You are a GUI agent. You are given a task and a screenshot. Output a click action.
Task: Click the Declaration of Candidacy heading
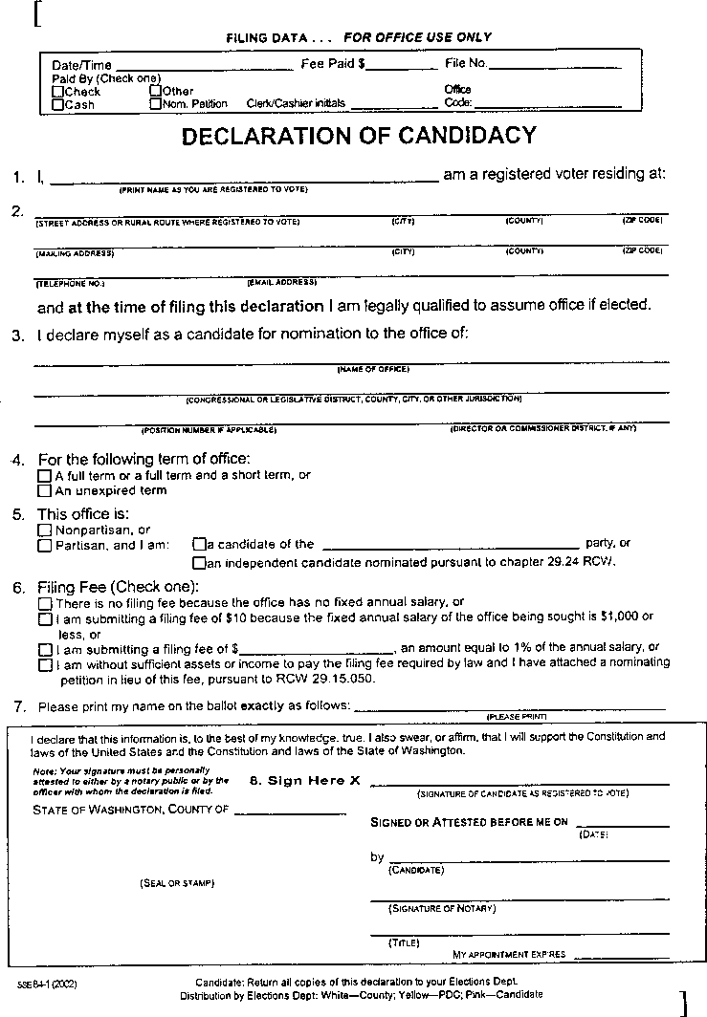[x=359, y=136]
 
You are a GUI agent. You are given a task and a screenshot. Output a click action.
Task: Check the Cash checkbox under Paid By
[x=58, y=104]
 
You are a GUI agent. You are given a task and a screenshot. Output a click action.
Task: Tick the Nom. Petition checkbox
[x=155, y=103]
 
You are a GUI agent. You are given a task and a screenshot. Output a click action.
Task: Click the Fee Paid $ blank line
[x=402, y=68]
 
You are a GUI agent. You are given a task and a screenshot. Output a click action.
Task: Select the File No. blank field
[x=555, y=68]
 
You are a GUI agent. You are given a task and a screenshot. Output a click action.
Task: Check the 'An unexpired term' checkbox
[x=44, y=490]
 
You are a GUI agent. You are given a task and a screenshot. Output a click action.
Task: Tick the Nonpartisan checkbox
[x=44, y=530]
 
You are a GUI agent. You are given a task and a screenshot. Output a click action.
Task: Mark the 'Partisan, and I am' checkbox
[x=44, y=546]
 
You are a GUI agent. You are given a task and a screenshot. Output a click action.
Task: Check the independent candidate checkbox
[x=199, y=563]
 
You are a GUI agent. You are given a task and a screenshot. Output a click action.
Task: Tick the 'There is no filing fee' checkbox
[x=44, y=603]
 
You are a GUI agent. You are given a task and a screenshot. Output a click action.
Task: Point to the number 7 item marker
[x=19, y=706]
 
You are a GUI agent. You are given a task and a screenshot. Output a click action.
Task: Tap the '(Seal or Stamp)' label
[x=177, y=882]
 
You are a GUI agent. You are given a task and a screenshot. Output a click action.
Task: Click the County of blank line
[x=290, y=813]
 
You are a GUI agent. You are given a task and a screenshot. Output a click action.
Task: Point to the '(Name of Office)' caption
[x=373, y=368]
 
